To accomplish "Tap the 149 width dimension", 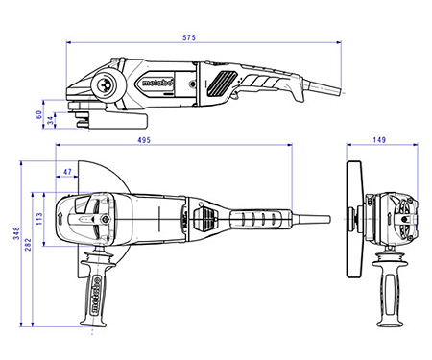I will point(379,140).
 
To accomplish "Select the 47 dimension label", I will point(66,172).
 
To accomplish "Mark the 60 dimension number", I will point(39,113).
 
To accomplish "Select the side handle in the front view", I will point(389,288).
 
